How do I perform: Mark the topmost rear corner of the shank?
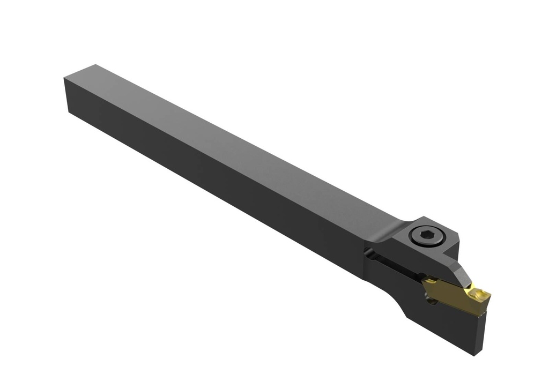tap(95, 65)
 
